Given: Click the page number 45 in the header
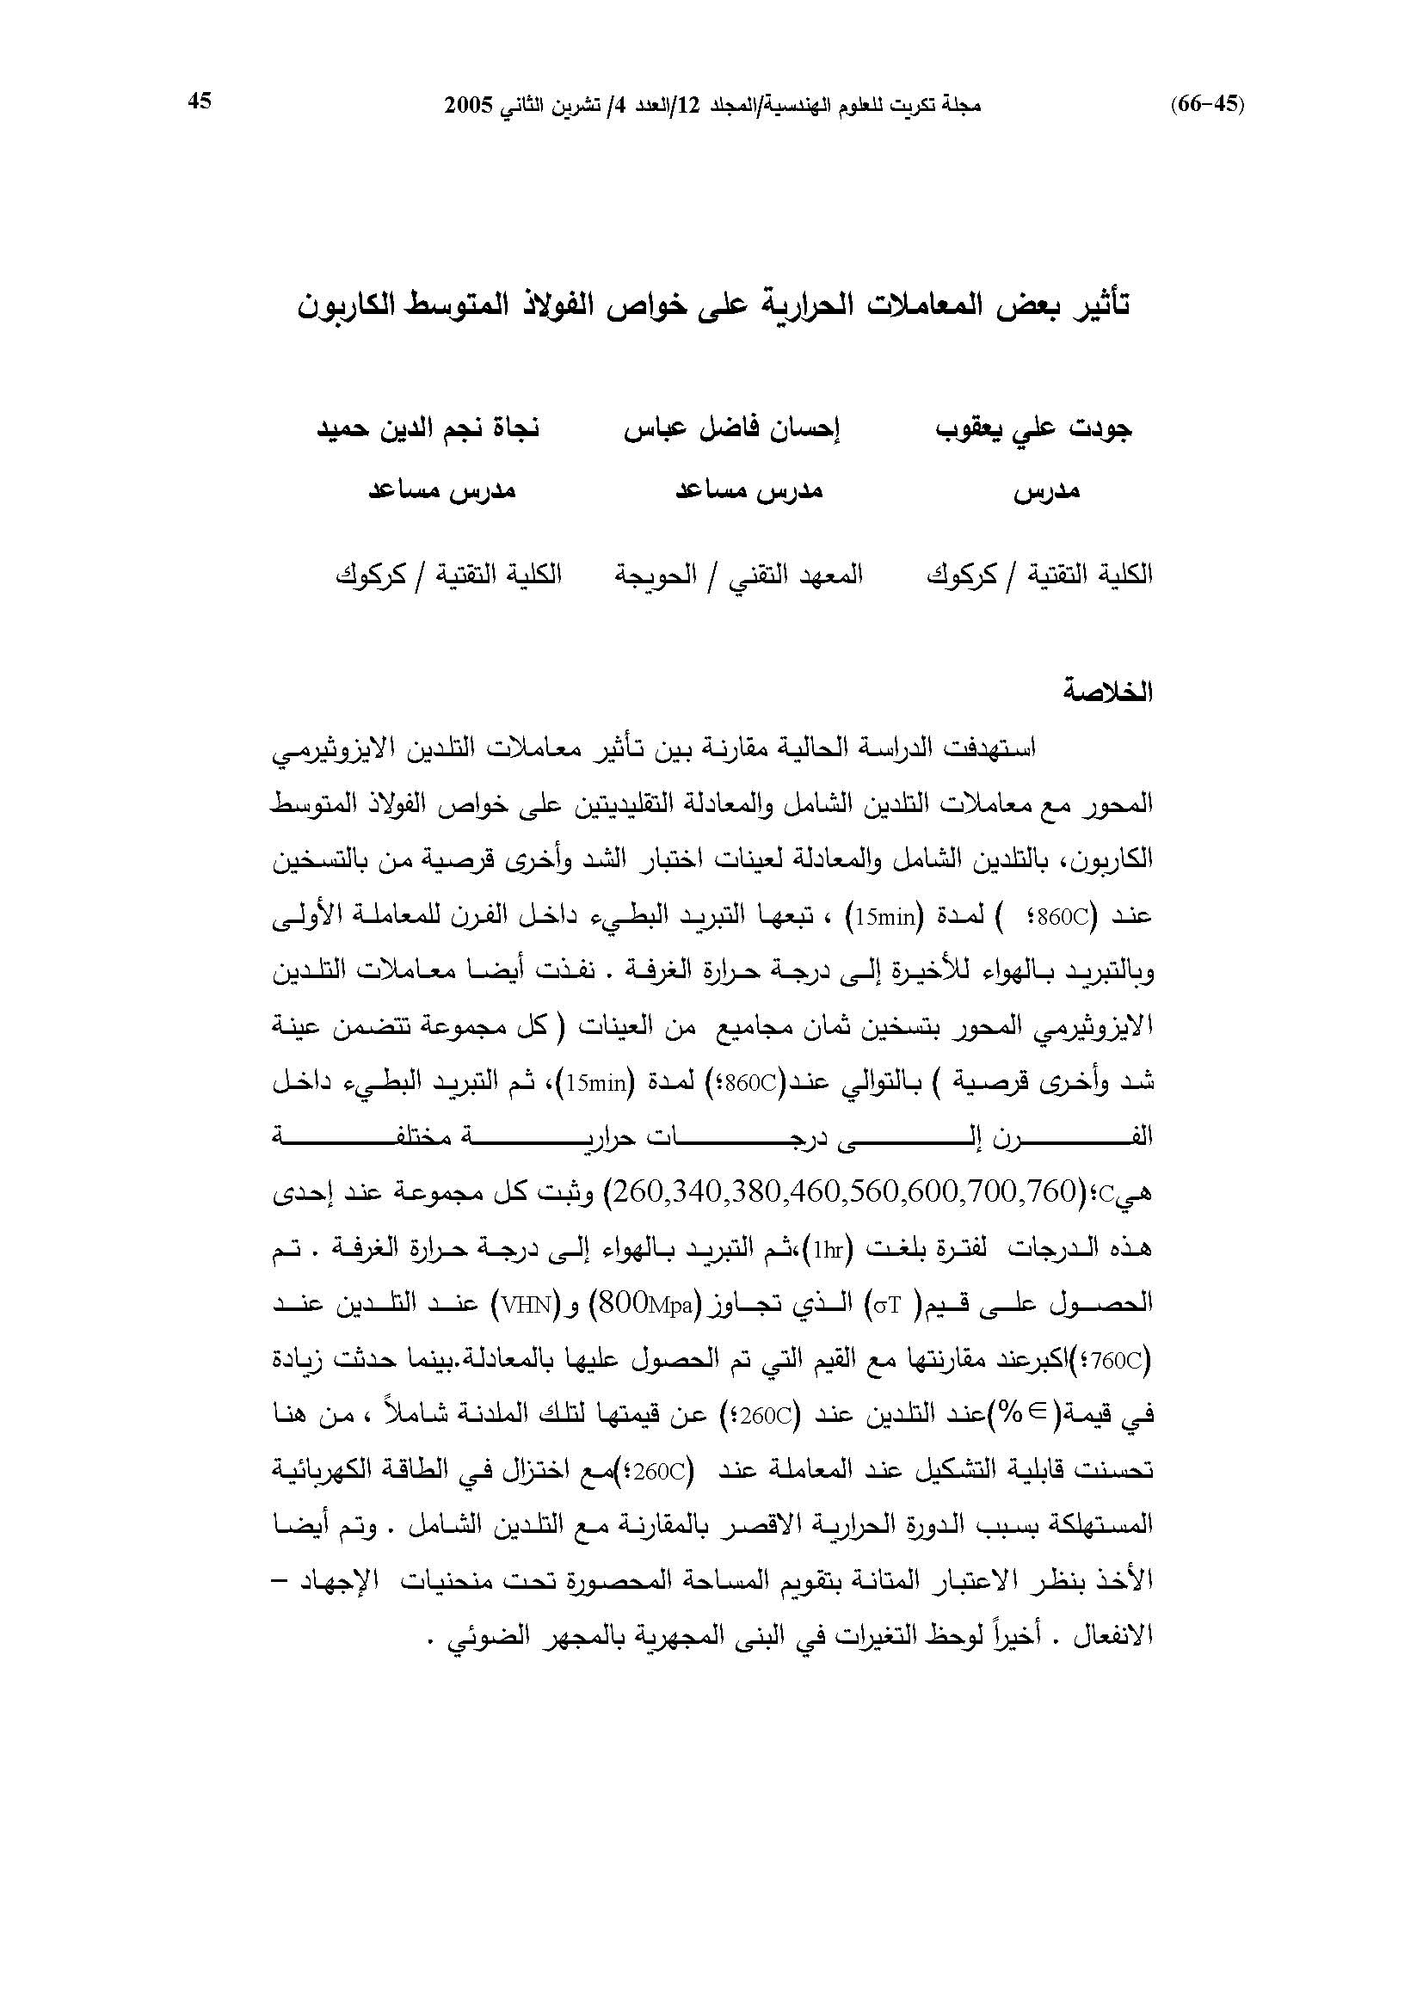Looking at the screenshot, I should click(200, 102).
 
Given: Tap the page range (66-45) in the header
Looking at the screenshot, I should click(1207, 104).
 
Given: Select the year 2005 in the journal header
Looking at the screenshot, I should click(469, 105).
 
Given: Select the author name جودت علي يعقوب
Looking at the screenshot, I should click(1034, 429).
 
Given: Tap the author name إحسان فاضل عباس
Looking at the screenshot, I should click(732, 429).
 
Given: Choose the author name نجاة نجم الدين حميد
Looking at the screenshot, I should click(428, 429).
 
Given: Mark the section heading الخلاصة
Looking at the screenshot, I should click(1107, 692).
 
